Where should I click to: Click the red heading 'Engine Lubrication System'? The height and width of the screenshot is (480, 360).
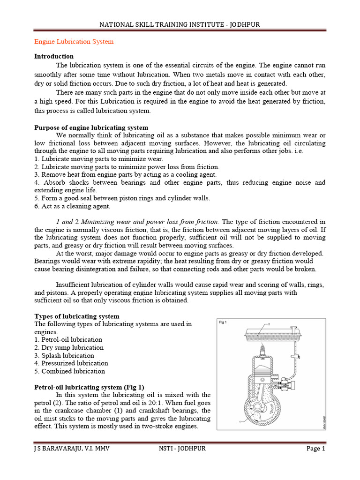[74, 42]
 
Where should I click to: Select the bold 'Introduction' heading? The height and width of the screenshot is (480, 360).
[54, 56]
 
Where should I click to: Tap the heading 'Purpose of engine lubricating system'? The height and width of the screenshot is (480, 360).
[91, 127]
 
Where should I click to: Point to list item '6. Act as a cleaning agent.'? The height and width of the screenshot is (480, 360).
[72, 206]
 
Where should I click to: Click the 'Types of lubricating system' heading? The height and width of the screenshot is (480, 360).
[77, 316]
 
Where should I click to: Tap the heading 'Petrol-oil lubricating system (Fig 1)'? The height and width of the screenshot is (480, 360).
[90, 387]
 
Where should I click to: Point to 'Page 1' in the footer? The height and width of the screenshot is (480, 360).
[316, 449]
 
